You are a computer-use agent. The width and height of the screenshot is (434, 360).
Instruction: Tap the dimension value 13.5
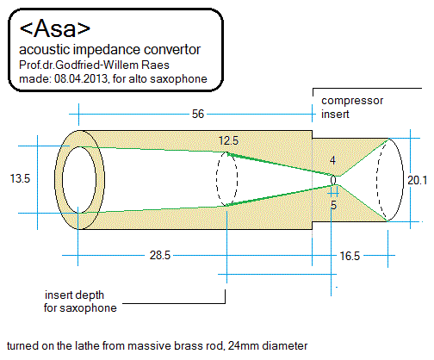tap(20, 179)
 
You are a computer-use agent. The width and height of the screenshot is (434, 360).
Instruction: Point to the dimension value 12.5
tap(228, 140)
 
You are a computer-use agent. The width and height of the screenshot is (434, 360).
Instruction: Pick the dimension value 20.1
tap(418, 180)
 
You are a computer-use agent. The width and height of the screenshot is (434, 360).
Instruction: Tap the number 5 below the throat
tap(333, 205)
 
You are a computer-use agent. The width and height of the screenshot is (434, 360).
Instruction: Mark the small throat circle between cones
tap(334, 179)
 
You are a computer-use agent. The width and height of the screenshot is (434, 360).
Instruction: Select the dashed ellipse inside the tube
tap(226, 179)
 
